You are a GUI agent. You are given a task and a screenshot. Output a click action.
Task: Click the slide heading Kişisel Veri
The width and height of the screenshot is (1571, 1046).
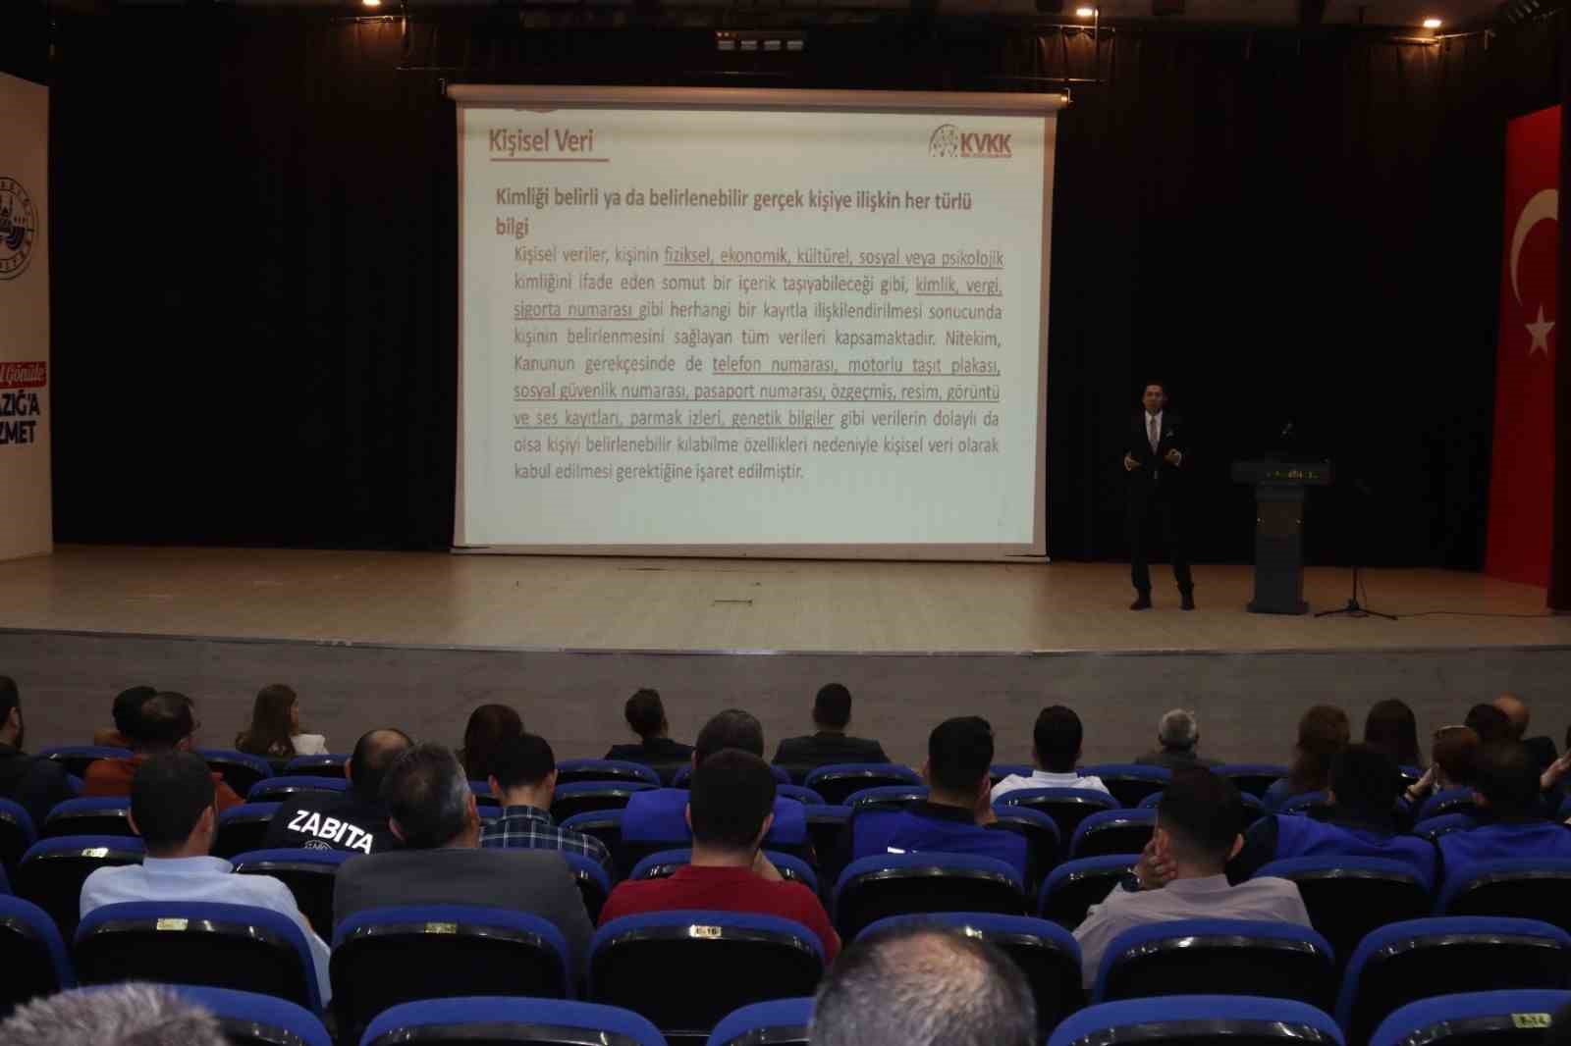click(x=541, y=141)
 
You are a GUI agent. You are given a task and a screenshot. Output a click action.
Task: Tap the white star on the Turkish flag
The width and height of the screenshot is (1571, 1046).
click(x=1538, y=330)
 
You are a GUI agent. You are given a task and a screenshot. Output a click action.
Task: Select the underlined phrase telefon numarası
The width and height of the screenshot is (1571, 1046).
click(x=774, y=365)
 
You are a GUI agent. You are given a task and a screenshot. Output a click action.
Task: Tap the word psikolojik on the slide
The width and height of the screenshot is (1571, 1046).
click(x=971, y=258)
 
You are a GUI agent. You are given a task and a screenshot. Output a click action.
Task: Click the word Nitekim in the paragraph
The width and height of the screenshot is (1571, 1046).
click(x=972, y=339)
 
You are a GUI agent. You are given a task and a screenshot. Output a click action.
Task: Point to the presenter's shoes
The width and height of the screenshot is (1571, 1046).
click(x=1162, y=601)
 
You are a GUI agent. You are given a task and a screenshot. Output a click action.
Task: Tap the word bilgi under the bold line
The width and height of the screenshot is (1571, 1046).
click(x=512, y=227)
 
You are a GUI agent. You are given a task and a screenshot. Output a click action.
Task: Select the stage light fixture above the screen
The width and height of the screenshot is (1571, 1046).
click(x=760, y=42)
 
